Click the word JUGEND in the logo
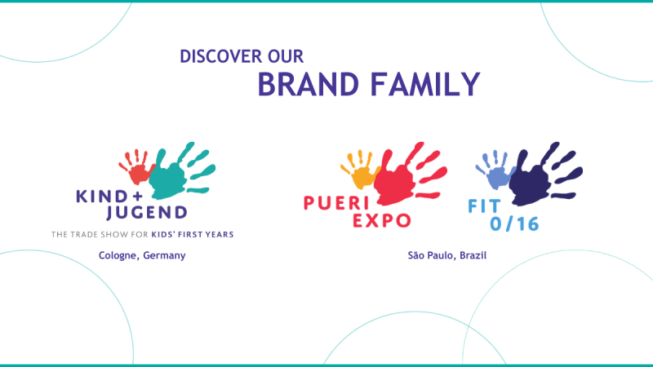coord(148,214)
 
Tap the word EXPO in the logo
coord(383,219)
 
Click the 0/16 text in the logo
coord(516,223)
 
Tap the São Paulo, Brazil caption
coord(447,255)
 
